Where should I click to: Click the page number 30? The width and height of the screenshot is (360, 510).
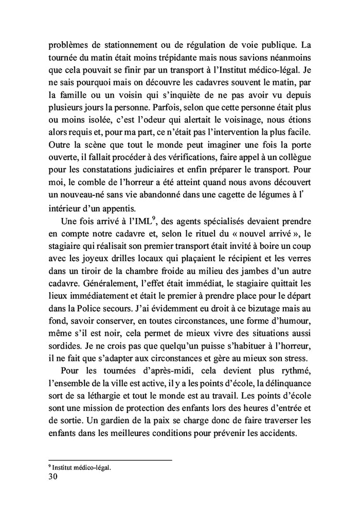pyautogui.click(x=52, y=477)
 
